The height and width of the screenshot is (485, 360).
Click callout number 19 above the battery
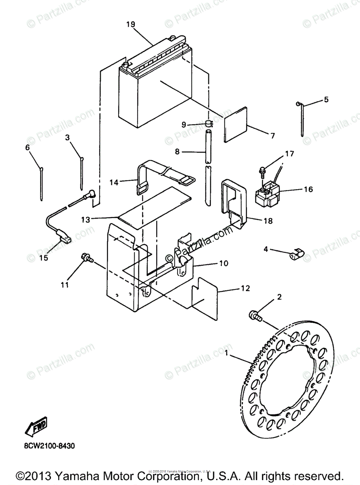pyautogui.click(x=130, y=24)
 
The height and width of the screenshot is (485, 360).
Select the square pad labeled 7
pyautogui.click(x=235, y=124)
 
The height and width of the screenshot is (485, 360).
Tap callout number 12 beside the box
pyautogui.click(x=245, y=289)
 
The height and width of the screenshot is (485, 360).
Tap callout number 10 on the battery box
pyautogui.click(x=223, y=263)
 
